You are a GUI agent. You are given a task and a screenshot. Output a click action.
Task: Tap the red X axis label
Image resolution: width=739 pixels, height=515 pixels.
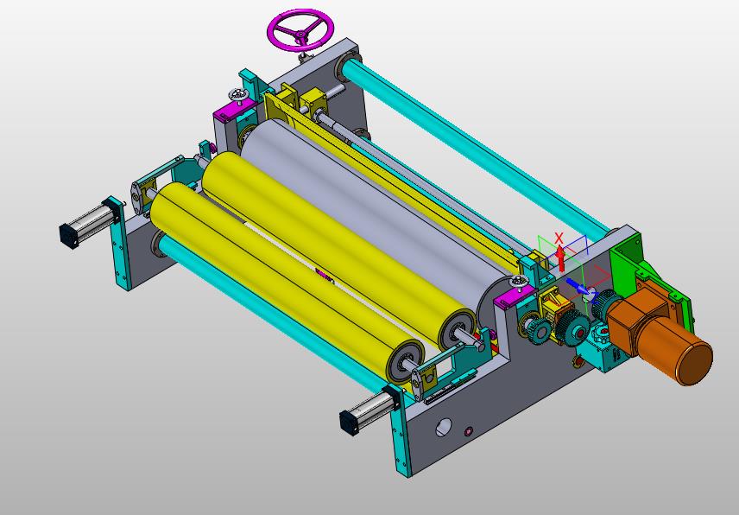559,238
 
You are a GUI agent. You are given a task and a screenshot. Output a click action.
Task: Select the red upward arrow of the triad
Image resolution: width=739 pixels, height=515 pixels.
560,258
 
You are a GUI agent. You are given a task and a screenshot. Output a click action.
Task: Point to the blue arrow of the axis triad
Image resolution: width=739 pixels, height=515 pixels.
576,285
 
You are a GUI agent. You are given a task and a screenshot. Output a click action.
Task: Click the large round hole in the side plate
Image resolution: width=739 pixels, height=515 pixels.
444,427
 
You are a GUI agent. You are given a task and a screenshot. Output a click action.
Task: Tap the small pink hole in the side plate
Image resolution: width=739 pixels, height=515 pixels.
469,431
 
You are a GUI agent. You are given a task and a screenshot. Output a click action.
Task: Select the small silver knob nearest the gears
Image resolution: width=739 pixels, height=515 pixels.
519,283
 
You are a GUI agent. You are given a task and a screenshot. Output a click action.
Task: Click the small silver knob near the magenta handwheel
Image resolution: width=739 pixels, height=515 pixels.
239,95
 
